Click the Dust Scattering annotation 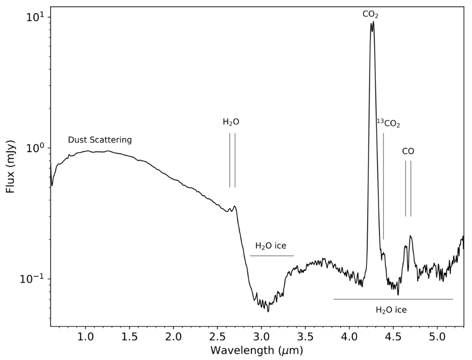100,140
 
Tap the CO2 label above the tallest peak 371,15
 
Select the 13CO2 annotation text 388,124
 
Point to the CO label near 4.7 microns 408,152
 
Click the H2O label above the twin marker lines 231,122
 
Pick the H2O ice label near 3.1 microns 271,246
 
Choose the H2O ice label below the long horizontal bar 391,310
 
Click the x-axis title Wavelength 256,351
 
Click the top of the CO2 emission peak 372,22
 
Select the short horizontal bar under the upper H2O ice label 272,256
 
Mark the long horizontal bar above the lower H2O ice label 393,299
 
